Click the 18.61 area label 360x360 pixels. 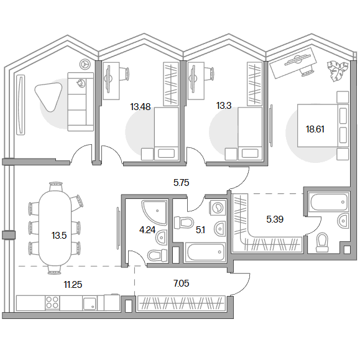[315, 129]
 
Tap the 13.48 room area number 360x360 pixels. [141, 107]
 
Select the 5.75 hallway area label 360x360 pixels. [181, 183]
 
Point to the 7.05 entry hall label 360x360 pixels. [182, 284]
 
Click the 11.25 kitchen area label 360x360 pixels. [73, 285]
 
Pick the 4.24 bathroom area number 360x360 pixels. [147, 230]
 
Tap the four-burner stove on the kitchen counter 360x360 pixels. [52, 303]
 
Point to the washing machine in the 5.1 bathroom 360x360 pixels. [217, 208]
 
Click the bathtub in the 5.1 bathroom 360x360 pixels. [205, 252]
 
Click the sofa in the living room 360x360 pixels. [80, 102]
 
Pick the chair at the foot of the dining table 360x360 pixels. [55, 270]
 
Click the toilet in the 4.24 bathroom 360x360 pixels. [157, 255]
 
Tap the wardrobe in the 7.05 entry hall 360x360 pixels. [182, 303]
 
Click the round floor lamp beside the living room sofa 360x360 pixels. [85, 64]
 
